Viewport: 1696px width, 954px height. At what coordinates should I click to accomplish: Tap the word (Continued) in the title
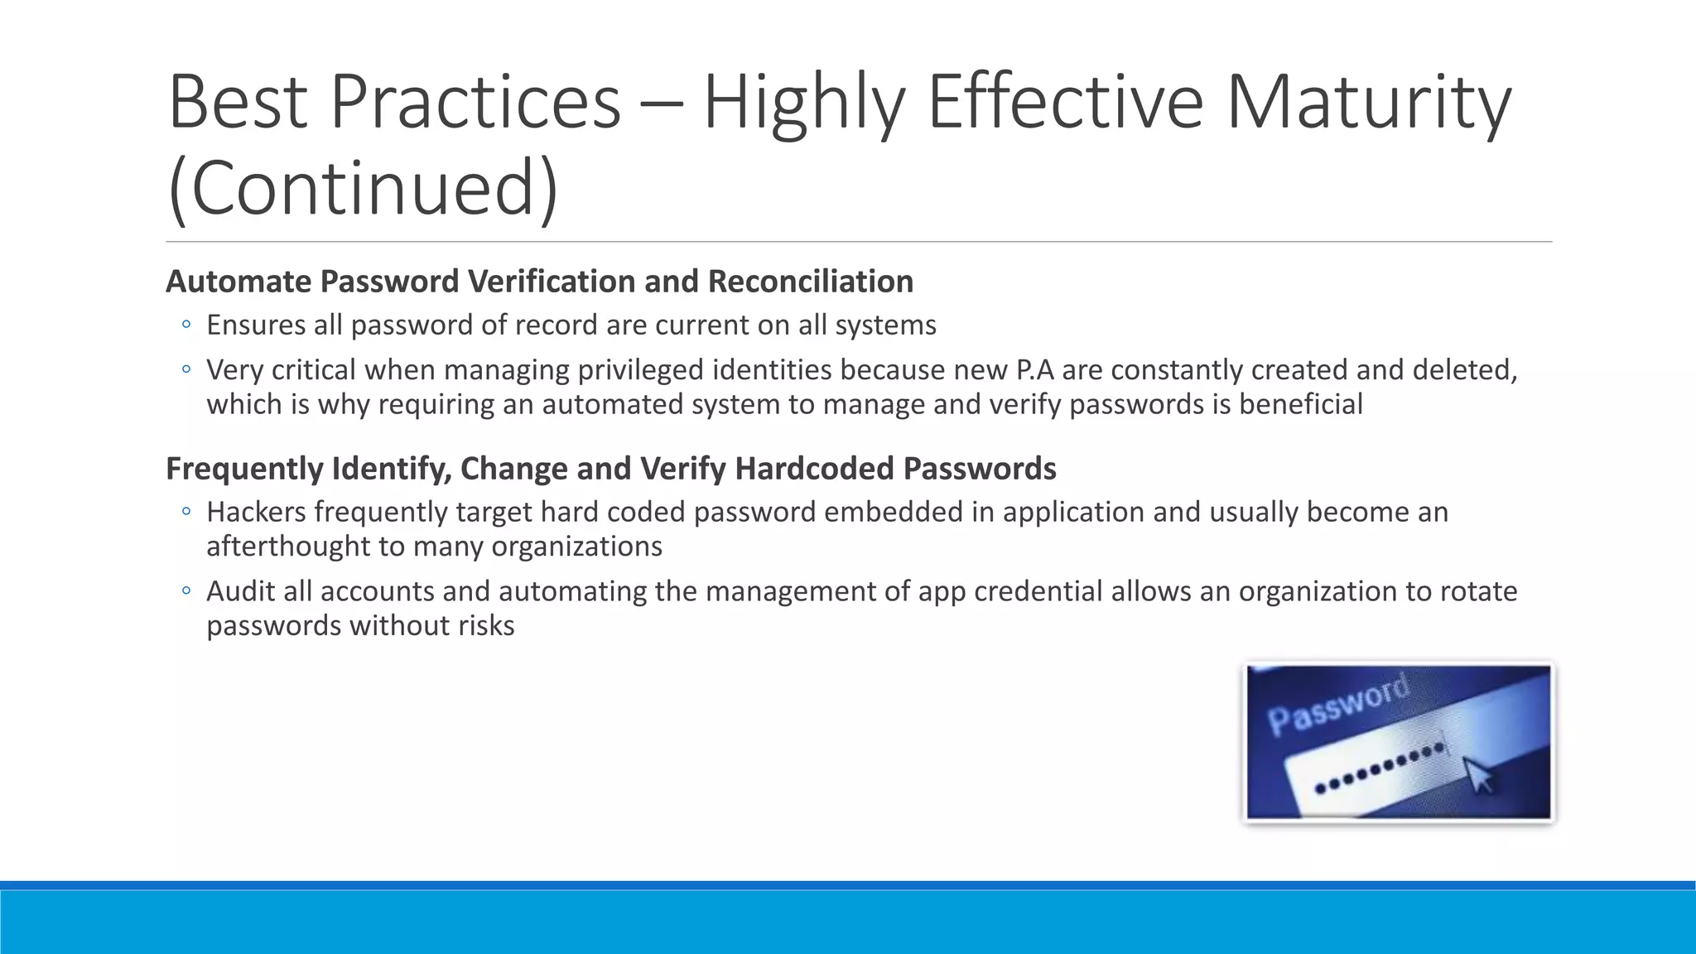pos(363,188)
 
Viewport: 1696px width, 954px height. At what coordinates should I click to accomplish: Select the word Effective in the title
pos(1065,102)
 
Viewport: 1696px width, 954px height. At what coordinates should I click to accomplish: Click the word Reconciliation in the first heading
pos(810,282)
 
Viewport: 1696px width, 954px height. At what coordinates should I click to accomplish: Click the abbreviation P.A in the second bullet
pos(1034,369)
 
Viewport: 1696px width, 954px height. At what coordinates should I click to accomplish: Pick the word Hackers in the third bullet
pos(257,512)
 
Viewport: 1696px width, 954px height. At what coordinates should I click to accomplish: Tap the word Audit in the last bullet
pos(239,591)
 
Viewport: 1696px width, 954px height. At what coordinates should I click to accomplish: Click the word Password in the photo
pos(1337,704)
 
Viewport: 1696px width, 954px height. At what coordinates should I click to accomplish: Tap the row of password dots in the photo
pos(1380,768)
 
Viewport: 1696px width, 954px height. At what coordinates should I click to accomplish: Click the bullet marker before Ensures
pos(186,325)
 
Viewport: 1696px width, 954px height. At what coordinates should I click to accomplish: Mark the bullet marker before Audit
pos(186,591)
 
